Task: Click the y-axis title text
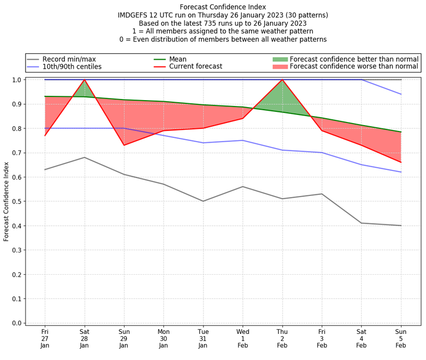click(x=6, y=201)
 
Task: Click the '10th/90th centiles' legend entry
click(x=71, y=67)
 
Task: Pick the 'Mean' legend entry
click(x=178, y=59)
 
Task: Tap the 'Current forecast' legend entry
click(x=195, y=67)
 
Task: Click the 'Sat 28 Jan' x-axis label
click(x=84, y=338)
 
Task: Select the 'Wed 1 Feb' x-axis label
click(x=243, y=338)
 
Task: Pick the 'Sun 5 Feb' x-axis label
click(x=401, y=338)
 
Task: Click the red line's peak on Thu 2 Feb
click(x=282, y=80)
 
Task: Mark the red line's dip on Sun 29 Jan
click(x=124, y=145)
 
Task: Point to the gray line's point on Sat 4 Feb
click(x=362, y=223)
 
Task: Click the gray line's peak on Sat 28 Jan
click(x=84, y=157)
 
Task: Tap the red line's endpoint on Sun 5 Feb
click(x=401, y=162)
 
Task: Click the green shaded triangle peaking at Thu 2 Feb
click(x=282, y=99)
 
